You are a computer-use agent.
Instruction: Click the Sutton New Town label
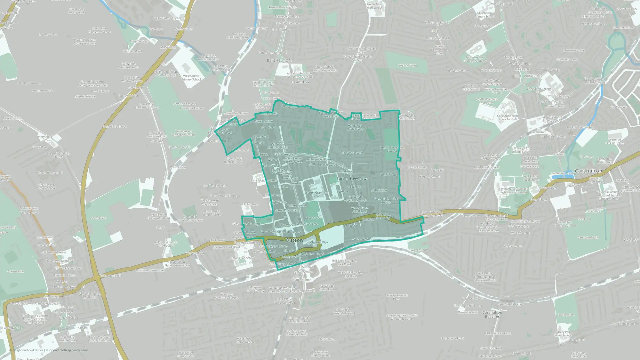(352, 179)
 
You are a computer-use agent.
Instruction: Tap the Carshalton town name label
(588, 171)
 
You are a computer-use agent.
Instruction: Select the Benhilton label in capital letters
(279, 60)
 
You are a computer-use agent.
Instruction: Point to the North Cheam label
(29, 83)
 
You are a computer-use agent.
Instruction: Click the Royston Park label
(407, 65)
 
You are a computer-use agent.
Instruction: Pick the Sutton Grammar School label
(316, 194)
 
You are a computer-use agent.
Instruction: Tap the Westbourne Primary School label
(191, 78)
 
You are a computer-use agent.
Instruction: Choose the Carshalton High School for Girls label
(508, 117)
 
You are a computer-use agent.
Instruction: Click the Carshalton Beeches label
(492, 314)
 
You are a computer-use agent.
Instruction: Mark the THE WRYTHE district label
(527, 76)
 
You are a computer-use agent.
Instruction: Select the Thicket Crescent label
(351, 153)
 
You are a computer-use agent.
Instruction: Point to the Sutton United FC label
(180, 147)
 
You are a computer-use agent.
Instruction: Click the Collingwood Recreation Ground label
(183, 133)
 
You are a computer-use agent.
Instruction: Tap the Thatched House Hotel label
(150, 270)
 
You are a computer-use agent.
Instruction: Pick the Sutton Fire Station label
(115, 127)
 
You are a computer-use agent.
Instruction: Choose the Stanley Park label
(566, 315)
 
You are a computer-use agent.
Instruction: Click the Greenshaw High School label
(374, 6)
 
